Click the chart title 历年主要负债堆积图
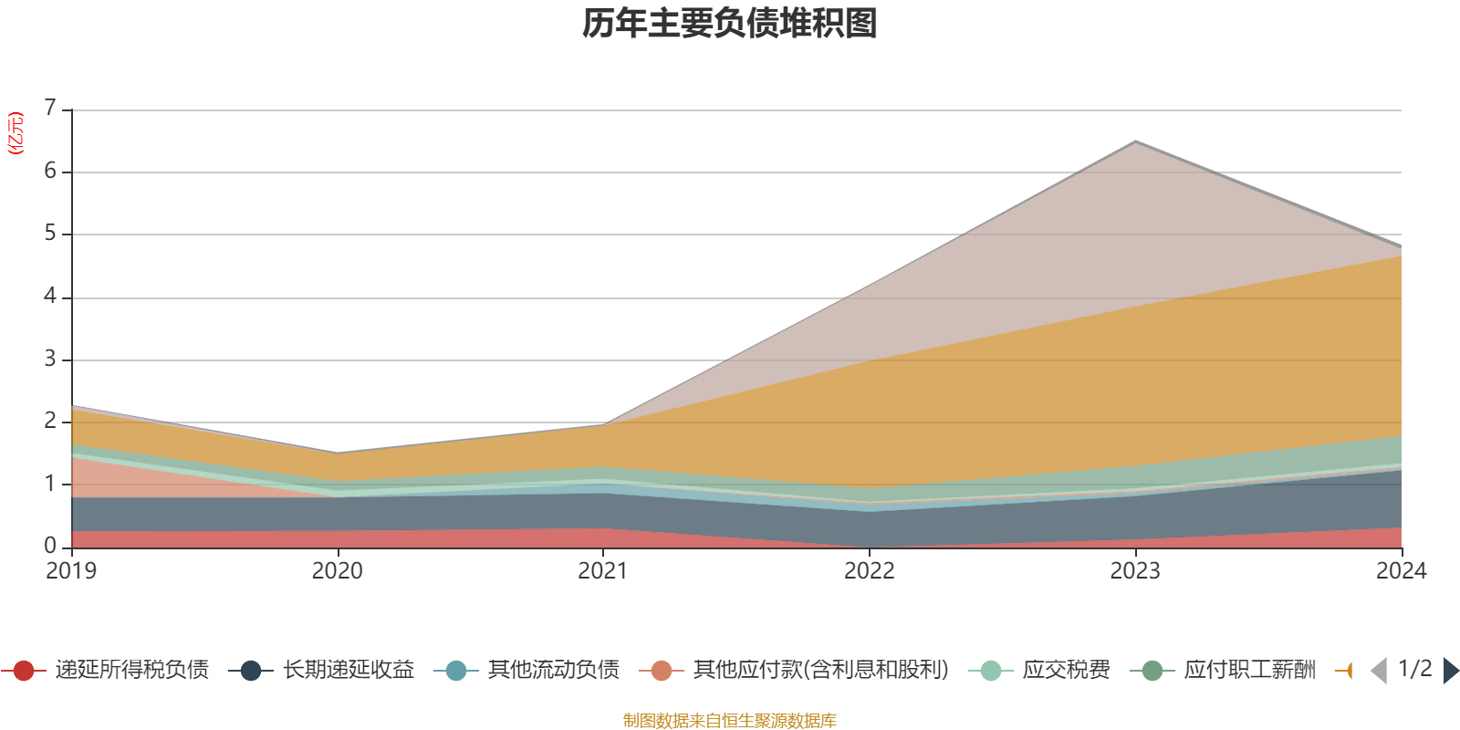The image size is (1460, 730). click(x=730, y=25)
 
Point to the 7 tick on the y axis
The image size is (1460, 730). click(x=50, y=109)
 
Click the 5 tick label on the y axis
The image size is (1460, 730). click(x=50, y=235)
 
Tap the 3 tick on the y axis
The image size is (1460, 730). click(x=50, y=360)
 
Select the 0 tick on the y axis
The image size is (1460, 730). click(x=50, y=547)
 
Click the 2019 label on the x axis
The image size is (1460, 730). click(x=71, y=571)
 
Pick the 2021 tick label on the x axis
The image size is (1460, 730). click(x=603, y=571)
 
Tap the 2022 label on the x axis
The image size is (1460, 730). click(x=870, y=571)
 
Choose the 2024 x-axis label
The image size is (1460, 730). click(x=1401, y=571)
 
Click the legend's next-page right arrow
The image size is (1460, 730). click(x=1450, y=671)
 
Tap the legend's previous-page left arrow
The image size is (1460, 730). click(x=1379, y=671)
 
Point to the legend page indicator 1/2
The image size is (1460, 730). click(x=1414, y=669)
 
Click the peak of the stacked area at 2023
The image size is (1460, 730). click(x=1135, y=142)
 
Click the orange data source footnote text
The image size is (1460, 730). click(x=730, y=721)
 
